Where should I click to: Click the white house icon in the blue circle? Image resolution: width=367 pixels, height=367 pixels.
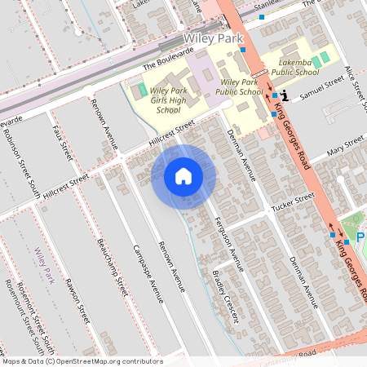click(183, 176)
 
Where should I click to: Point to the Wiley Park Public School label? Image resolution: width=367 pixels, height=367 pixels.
click(241, 88)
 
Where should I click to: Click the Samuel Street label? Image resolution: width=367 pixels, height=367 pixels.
click(322, 89)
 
